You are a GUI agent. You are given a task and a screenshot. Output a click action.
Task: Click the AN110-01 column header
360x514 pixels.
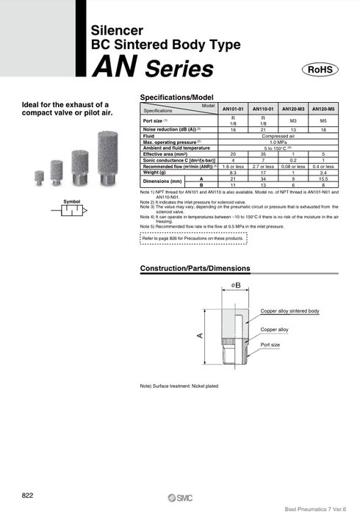(262, 108)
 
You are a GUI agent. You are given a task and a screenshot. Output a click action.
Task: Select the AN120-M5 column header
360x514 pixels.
(323, 108)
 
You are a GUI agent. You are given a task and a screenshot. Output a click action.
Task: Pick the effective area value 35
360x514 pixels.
(262, 153)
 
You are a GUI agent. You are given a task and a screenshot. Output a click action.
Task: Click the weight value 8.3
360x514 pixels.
(233, 172)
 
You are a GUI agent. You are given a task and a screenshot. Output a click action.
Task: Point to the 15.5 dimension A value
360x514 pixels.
(323, 178)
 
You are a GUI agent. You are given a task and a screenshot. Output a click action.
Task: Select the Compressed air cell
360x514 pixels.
(278, 136)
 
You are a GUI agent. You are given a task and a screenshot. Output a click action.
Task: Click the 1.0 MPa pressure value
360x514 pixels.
(278, 142)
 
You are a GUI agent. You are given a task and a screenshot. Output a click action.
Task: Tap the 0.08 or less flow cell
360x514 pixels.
(293, 166)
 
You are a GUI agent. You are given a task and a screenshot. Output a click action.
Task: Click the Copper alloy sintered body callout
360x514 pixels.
(289, 311)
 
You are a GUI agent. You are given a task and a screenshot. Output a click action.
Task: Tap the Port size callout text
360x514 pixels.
(270, 344)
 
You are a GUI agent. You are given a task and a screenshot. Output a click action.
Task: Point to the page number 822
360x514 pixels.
(27, 493)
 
